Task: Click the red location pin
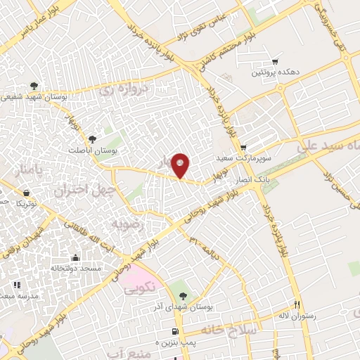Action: [x=181, y=165]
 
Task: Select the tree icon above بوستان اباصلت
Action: [x=93, y=139]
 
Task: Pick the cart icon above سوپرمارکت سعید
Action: [x=243, y=147]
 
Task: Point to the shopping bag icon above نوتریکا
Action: [x=26, y=192]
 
